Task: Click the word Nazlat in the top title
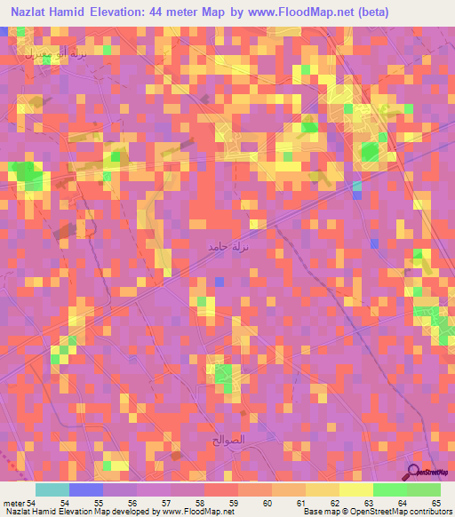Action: (x=34, y=12)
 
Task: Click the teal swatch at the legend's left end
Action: (x=52, y=489)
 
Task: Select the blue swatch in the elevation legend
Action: (x=86, y=489)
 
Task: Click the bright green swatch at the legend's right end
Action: (x=424, y=489)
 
